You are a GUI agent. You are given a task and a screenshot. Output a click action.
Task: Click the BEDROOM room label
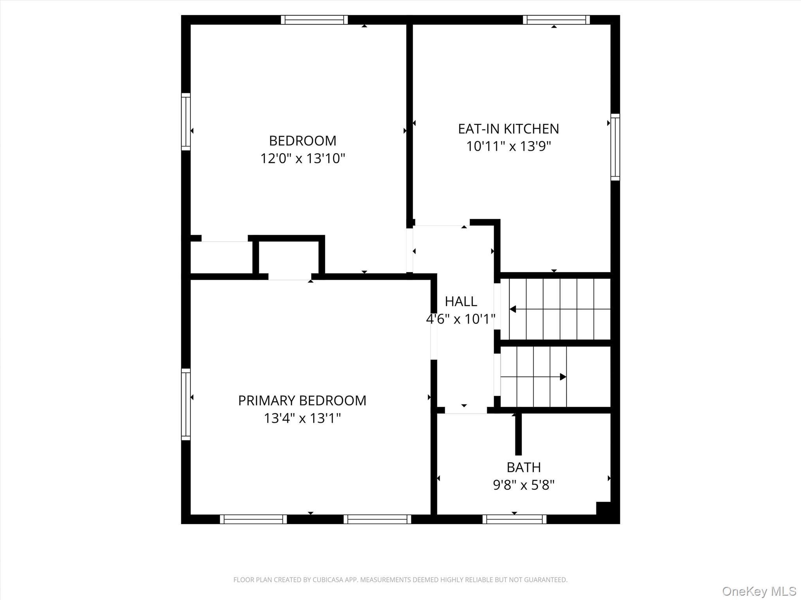tap(302, 141)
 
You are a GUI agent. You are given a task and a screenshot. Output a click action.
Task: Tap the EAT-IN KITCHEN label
tap(508, 129)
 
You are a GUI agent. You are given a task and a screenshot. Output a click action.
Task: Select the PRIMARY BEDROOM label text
tap(302, 400)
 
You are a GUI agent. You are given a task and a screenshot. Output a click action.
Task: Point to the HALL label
tap(461, 301)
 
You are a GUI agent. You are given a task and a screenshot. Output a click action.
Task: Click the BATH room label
tap(524, 467)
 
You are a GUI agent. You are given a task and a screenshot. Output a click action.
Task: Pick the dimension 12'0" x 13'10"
tap(303, 159)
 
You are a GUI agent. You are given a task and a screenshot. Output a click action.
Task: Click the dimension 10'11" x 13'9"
tap(508, 146)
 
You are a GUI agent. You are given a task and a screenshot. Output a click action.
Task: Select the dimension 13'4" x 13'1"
tap(302, 418)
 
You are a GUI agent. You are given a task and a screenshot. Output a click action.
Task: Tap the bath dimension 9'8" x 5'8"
tap(524, 485)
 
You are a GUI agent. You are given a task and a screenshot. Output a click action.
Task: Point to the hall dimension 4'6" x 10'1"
tap(461, 319)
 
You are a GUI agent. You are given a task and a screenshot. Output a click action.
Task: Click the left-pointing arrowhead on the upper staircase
tap(513, 309)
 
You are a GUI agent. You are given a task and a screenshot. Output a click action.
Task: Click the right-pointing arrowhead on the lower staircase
tap(563, 377)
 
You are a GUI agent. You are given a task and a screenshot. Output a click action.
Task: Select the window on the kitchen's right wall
tap(615, 147)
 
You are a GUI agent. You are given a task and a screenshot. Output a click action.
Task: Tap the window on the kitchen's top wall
tap(556, 20)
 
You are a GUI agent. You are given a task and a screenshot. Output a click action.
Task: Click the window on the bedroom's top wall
tap(314, 20)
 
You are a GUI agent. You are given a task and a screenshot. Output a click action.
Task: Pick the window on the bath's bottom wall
tap(514, 519)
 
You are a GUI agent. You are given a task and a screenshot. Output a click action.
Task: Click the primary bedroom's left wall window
tap(186, 404)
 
